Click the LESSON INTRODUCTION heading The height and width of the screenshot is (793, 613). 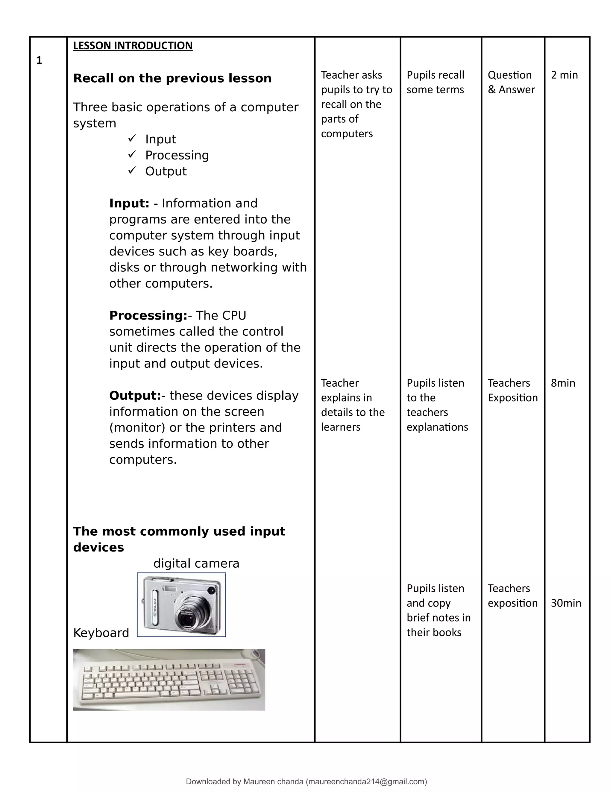click(x=133, y=46)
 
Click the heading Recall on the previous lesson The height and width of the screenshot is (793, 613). click(x=172, y=78)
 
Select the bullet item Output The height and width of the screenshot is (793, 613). click(x=166, y=171)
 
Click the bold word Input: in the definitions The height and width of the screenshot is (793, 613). click(x=129, y=203)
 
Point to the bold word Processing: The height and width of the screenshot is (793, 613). click(x=148, y=315)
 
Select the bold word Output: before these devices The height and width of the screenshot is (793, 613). click(x=135, y=395)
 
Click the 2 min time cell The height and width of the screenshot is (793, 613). click(x=564, y=75)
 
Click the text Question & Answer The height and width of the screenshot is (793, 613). click(x=511, y=82)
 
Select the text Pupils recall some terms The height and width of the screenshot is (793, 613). click(x=435, y=82)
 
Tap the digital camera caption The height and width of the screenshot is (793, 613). click(x=196, y=563)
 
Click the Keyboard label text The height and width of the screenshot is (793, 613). click(x=101, y=633)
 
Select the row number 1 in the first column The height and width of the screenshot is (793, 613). click(x=39, y=61)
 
